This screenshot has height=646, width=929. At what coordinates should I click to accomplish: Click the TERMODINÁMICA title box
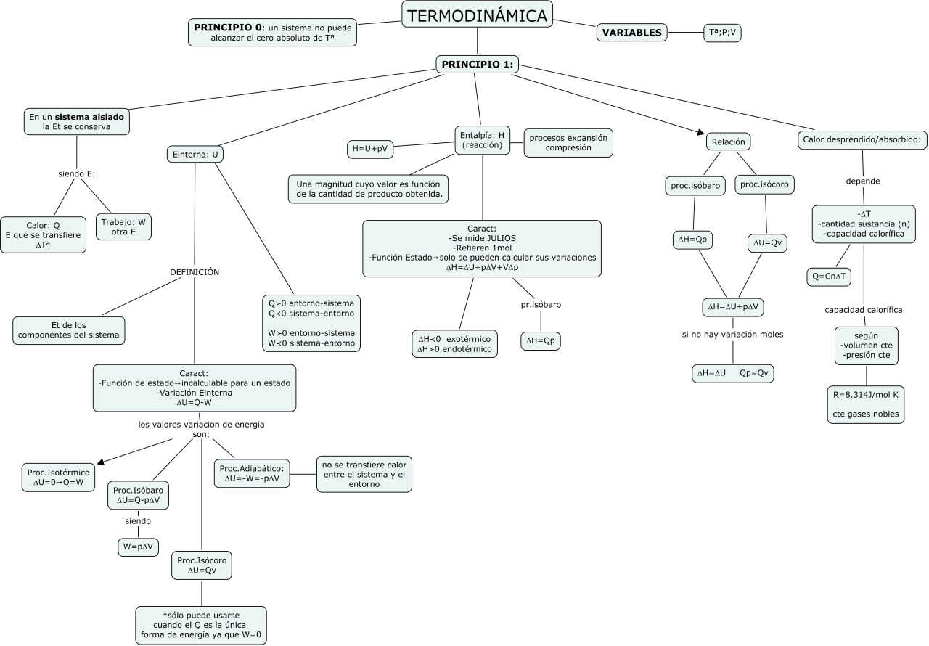coord(477,15)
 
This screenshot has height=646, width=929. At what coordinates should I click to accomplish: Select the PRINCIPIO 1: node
coord(477,65)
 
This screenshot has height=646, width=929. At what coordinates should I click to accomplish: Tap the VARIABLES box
coord(631,33)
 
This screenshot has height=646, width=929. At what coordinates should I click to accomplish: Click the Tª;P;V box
coord(723,33)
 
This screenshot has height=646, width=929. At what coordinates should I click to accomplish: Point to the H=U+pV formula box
coord(369,149)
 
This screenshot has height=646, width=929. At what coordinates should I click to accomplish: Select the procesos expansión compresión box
coord(568,142)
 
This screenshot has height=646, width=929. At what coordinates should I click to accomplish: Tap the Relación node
coord(728,142)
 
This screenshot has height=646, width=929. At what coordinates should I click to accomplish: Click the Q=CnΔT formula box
coord(829,277)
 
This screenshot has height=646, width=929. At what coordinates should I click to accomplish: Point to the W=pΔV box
coord(138,547)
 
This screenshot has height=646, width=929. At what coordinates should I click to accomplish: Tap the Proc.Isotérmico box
coord(58,477)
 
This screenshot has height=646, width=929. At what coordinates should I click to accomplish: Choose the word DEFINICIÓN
coord(195,272)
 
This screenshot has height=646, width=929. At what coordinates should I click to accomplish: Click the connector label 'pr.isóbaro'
coord(541,305)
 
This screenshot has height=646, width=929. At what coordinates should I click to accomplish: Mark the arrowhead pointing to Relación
coord(702,133)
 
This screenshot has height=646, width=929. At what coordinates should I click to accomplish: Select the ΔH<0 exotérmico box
coord(454,344)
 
